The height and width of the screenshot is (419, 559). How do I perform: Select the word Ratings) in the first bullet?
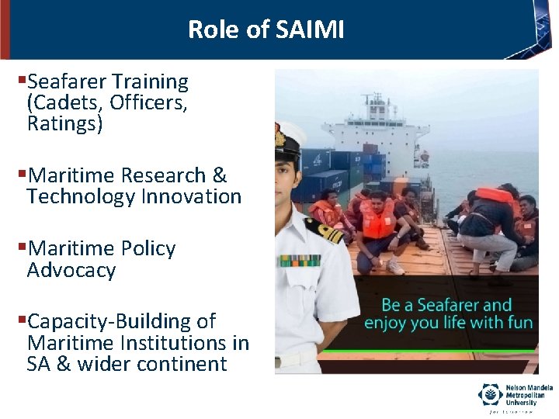tap(64, 124)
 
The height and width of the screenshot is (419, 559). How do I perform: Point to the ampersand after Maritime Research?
tap(220, 175)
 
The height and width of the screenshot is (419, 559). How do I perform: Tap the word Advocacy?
tap(71, 270)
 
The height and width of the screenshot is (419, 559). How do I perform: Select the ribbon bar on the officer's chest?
tap(300, 261)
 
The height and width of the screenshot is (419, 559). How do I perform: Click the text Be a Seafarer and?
tap(446, 304)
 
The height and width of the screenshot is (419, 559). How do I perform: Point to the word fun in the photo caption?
tap(519, 322)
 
